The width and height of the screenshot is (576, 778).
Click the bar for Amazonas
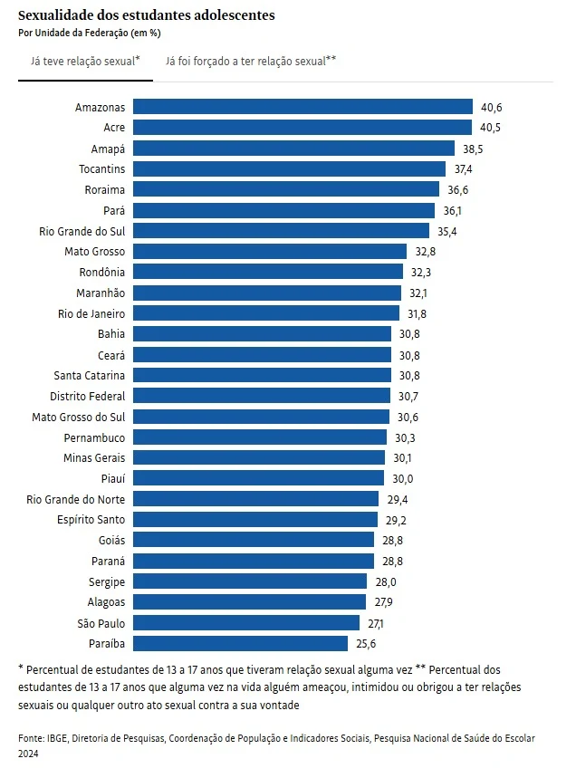[302, 107]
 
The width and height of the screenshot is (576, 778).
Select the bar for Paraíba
[240, 644]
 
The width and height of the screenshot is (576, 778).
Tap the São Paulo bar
[246, 623]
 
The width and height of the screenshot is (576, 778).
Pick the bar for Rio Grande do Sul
[281, 231]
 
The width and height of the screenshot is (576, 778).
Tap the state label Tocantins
[101, 168]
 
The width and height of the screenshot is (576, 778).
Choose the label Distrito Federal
[87, 396]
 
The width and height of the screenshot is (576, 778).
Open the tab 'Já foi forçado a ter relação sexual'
[251, 61]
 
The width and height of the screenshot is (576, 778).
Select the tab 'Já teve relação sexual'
[85, 61]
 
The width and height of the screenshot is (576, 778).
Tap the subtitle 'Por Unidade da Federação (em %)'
[89, 33]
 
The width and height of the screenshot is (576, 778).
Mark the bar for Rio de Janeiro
[265, 313]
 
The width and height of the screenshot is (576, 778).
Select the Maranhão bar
[266, 293]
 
